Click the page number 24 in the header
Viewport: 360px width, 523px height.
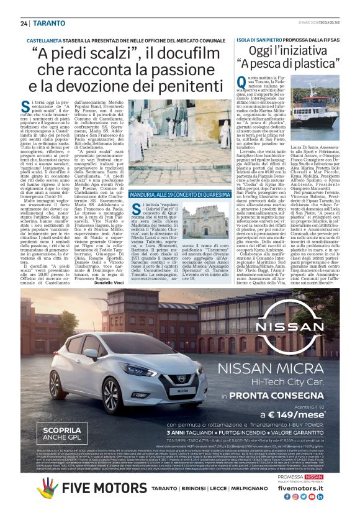tap(24, 23)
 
